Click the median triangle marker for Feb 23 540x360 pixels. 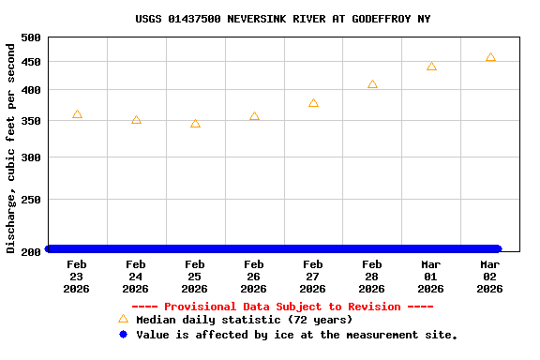point(77,114)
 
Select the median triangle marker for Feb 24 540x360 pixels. point(136,120)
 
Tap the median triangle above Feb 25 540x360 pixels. point(195,124)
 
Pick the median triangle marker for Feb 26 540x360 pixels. point(254,116)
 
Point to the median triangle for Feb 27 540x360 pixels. point(313,103)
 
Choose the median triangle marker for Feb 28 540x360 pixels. point(372,84)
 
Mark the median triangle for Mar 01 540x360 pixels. point(431,67)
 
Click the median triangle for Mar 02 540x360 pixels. point(490,58)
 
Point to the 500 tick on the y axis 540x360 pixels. point(31,37)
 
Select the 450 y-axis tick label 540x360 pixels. point(31,62)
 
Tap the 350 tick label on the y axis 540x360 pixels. point(31,121)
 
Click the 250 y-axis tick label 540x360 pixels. point(31,200)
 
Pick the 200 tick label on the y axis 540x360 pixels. point(31,251)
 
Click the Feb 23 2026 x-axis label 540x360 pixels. point(77,277)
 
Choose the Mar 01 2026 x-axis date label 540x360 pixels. point(431,277)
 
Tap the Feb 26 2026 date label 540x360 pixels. point(254,277)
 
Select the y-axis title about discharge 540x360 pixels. point(11,145)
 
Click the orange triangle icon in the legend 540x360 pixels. point(123,319)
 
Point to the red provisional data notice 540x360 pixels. point(282,307)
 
